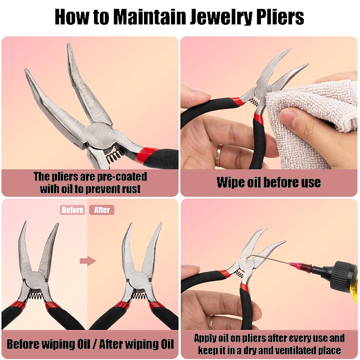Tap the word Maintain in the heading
[149, 17]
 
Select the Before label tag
[72, 210]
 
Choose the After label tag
[102, 210]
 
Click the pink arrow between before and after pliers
[88, 261]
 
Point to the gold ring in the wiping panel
[219, 155]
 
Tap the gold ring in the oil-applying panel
[211, 322]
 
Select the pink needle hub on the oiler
[301, 267]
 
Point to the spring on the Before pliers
[36, 297]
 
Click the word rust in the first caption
[131, 189]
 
